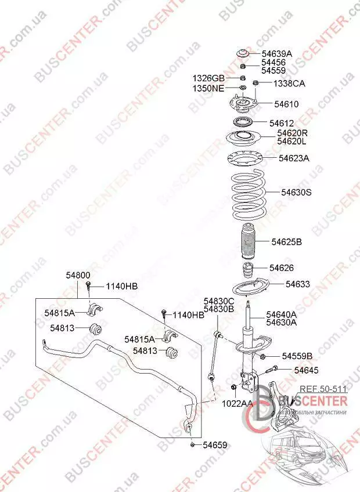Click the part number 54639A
pyautogui.click(x=276, y=54)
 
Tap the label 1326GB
pyautogui.click(x=208, y=78)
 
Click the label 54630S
pyautogui.click(x=297, y=191)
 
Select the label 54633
pyautogui.click(x=297, y=284)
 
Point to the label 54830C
pyautogui.click(x=218, y=301)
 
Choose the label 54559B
pyautogui.click(x=297, y=356)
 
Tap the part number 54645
pyautogui.click(x=306, y=370)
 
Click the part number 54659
pyautogui.click(x=214, y=445)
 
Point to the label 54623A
pyautogui.click(x=294, y=158)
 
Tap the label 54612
pyautogui.click(x=281, y=123)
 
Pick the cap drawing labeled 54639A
pyautogui.click(x=243, y=54)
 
